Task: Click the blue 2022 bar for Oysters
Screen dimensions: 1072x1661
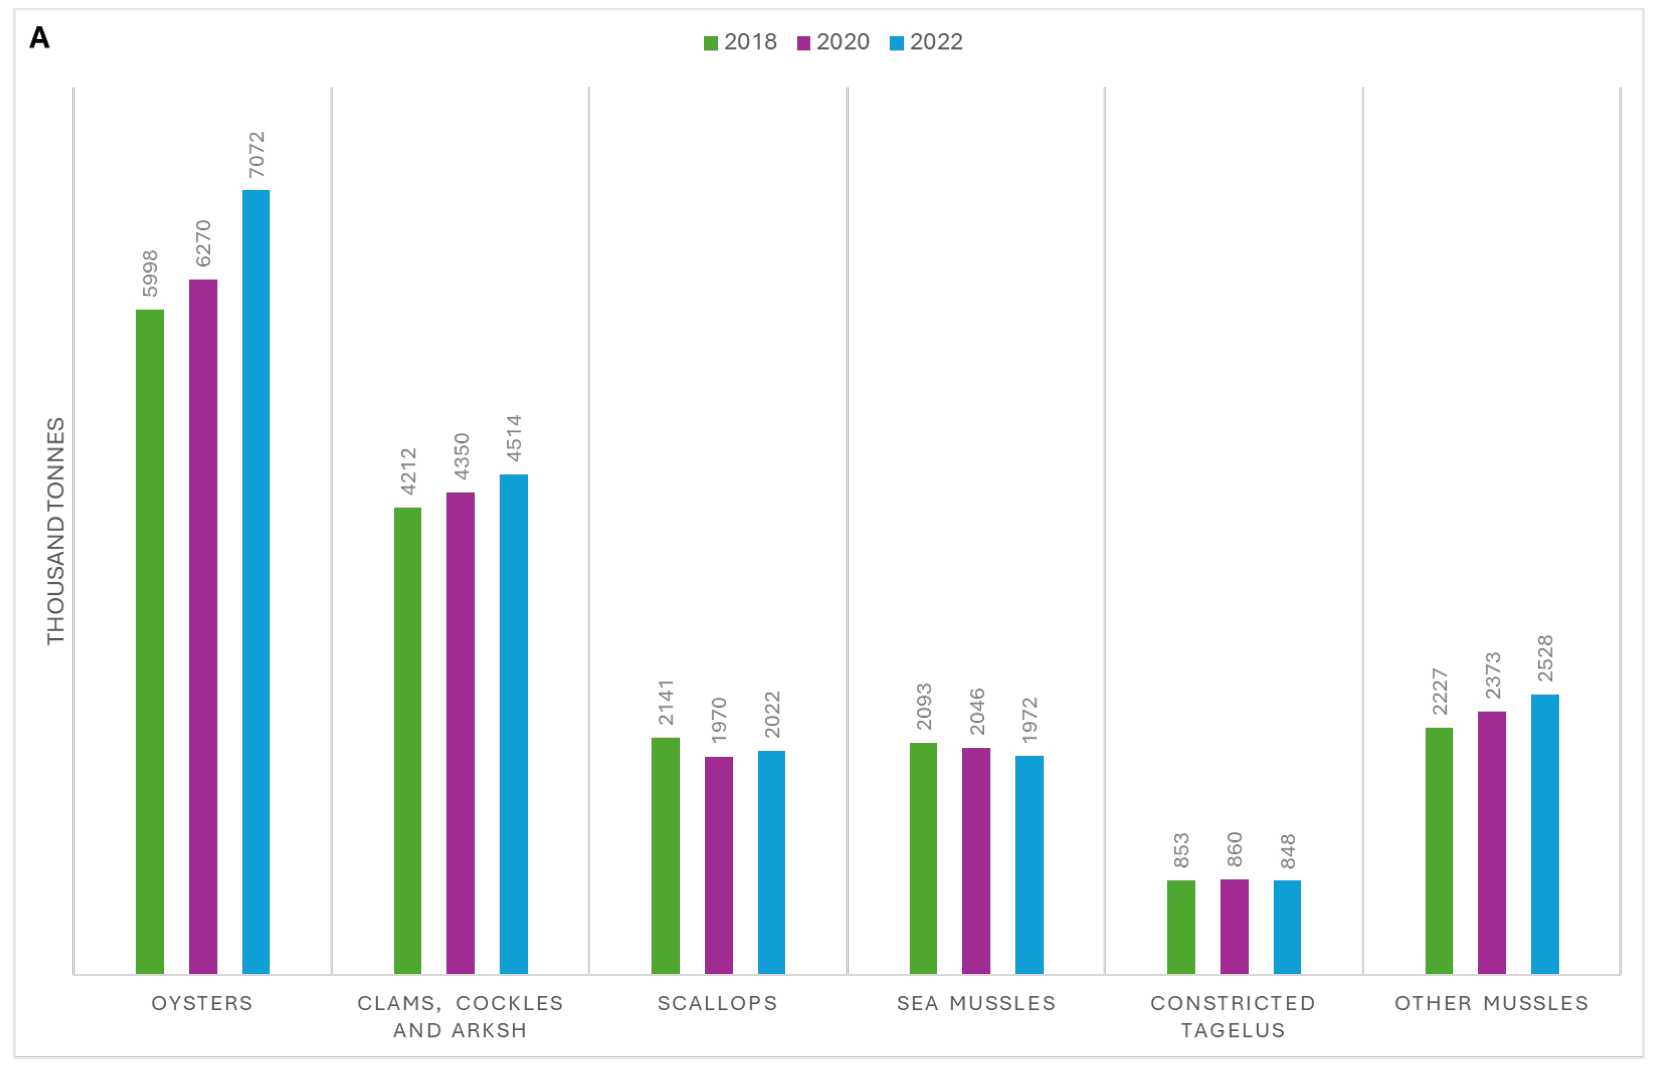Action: click(255, 581)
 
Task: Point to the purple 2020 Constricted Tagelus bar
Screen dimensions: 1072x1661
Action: click(1234, 927)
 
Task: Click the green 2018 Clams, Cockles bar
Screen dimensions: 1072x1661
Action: click(407, 741)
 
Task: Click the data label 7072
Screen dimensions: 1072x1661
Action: click(257, 155)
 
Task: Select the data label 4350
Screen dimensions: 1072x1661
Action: click(461, 456)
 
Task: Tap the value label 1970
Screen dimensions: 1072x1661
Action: click(719, 720)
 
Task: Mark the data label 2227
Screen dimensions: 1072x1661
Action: click(1440, 691)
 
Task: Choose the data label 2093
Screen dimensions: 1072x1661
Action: click(923, 706)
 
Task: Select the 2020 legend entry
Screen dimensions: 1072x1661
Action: click(833, 42)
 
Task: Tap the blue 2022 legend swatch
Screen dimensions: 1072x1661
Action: click(896, 43)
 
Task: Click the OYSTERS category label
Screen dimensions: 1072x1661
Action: click(202, 1003)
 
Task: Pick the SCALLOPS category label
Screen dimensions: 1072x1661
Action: click(718, 1003)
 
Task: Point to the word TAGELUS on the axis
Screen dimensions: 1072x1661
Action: click(1233, 1030)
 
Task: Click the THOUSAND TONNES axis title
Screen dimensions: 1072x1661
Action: click(55, 531)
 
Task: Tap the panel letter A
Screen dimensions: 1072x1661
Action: click(40, 38)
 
